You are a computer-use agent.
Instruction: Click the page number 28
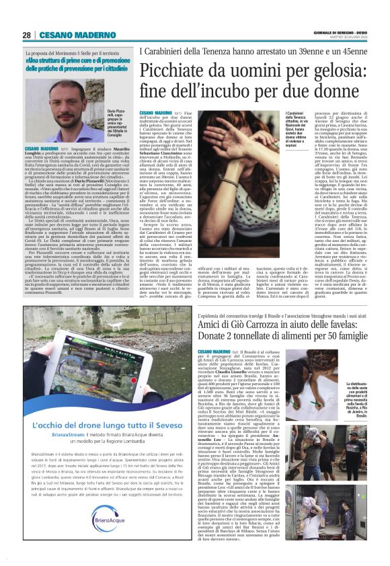pyautogui.click(x=26, y=35)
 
